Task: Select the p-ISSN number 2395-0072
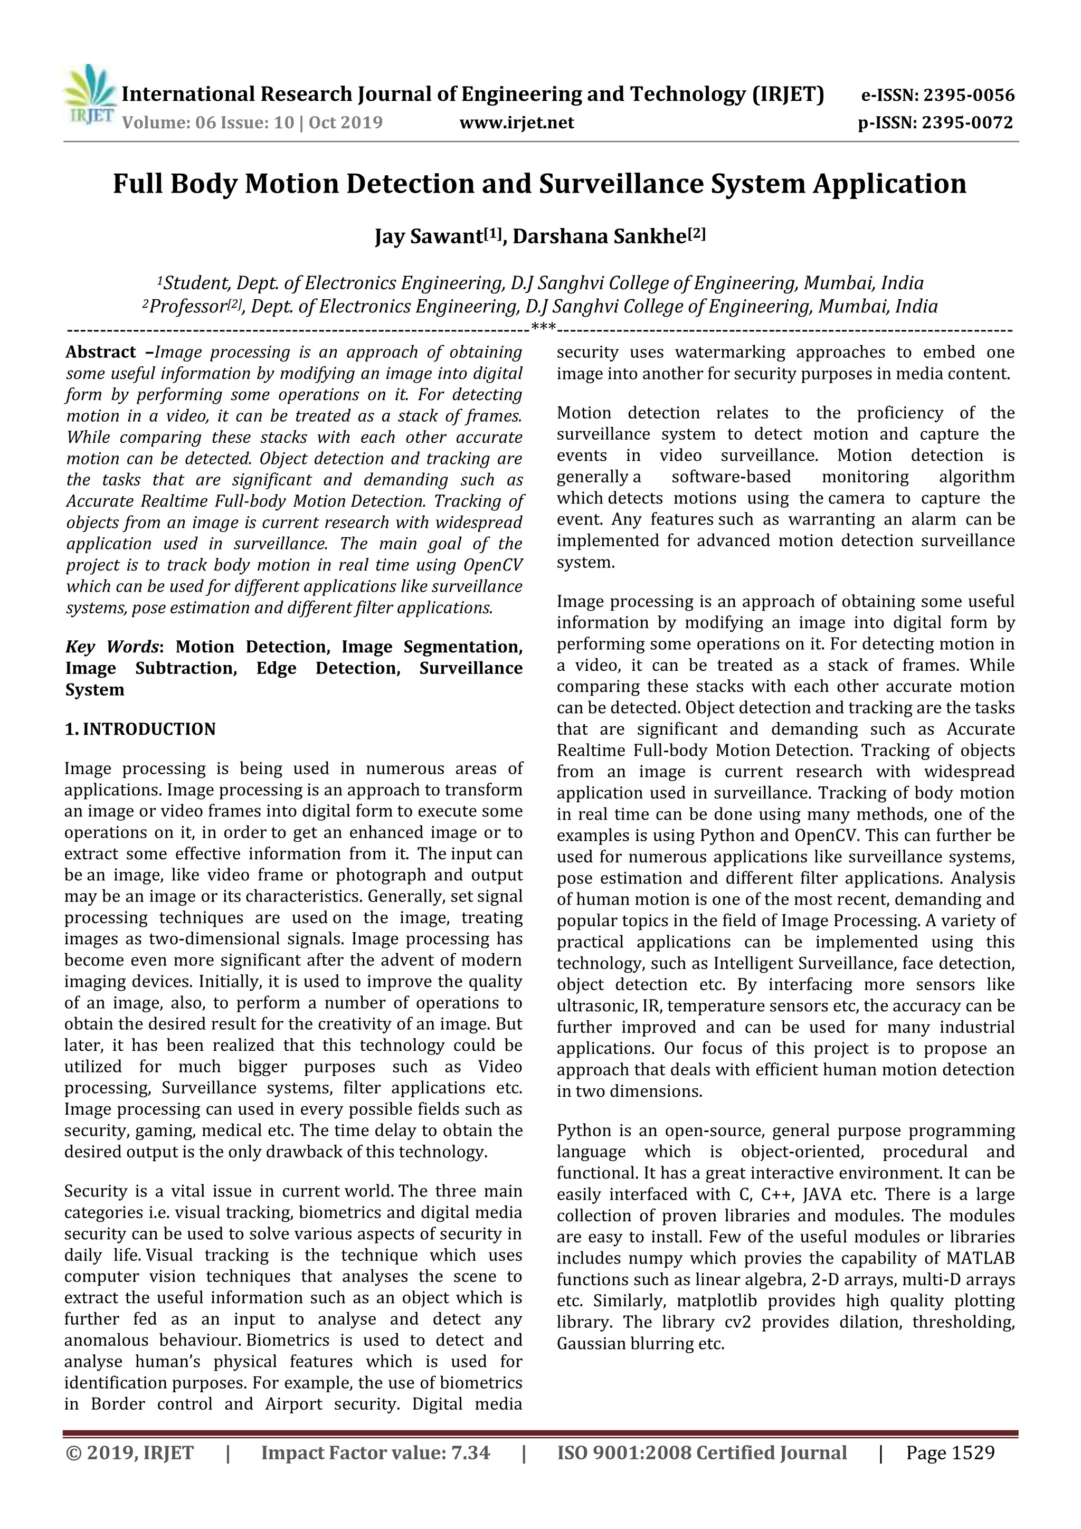966,122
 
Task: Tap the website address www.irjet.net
516,122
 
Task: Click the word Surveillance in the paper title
618,184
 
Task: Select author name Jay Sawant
429,237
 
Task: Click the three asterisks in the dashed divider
543,328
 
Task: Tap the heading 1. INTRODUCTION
140,729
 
